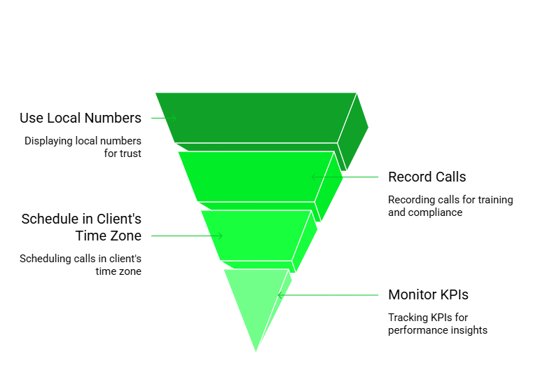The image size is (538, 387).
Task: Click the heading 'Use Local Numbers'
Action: click(81, 118)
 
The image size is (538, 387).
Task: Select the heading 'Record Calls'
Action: click(427, 177)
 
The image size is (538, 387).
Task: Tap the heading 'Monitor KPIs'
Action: click(428, 294)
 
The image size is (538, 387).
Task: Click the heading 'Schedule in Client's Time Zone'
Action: click(81, 227)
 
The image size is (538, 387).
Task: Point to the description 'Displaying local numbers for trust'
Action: click(83, 147)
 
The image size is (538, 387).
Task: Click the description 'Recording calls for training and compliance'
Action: click(450, 206)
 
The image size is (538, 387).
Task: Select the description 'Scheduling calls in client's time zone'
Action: click(81, 265)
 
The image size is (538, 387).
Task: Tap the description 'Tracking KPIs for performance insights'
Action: click(437, 324)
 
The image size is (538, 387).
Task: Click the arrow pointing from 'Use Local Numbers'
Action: click(164, 118)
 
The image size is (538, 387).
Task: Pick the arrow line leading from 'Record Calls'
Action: click(345, 177)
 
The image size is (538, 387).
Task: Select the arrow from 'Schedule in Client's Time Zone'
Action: click(186, 236)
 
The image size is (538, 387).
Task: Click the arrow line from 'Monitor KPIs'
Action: click(328, 295)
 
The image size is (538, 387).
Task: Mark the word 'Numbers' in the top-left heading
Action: click(113, 118)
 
